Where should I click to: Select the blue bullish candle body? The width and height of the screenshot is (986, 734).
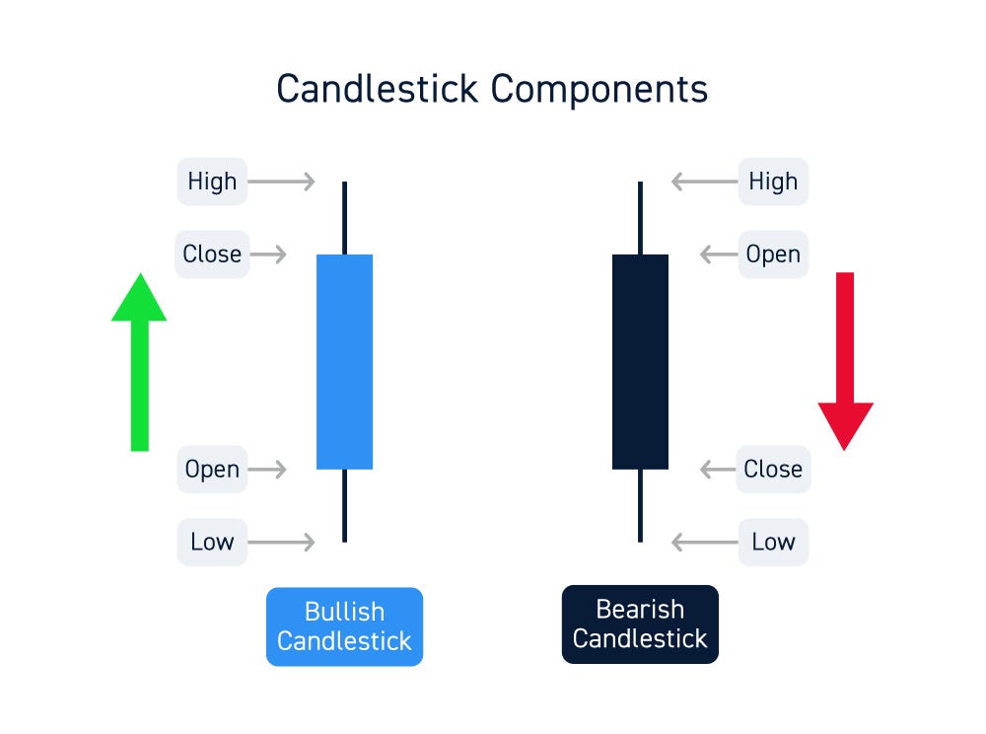344,361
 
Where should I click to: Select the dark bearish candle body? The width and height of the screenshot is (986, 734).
640,361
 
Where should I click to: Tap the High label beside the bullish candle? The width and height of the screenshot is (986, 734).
212,182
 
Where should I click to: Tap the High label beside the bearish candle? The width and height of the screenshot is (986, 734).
773,182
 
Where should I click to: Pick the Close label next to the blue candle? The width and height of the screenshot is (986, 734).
212,255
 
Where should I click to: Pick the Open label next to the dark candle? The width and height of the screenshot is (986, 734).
773,255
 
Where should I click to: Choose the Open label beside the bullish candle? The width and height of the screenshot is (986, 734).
212,470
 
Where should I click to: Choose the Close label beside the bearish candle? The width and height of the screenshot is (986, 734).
773,470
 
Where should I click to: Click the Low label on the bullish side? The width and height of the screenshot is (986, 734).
212,542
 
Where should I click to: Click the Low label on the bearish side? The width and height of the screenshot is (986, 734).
773,542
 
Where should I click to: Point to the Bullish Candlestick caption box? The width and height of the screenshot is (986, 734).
344,626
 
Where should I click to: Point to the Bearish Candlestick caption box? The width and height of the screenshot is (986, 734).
640,624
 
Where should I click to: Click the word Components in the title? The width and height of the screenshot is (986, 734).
599,90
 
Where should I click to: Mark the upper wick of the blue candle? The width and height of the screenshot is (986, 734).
344,217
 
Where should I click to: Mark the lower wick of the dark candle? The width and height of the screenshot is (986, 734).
640,505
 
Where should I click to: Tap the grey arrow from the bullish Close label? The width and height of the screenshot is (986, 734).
267,255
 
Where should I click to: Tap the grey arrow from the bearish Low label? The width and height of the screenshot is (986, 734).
704,542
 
